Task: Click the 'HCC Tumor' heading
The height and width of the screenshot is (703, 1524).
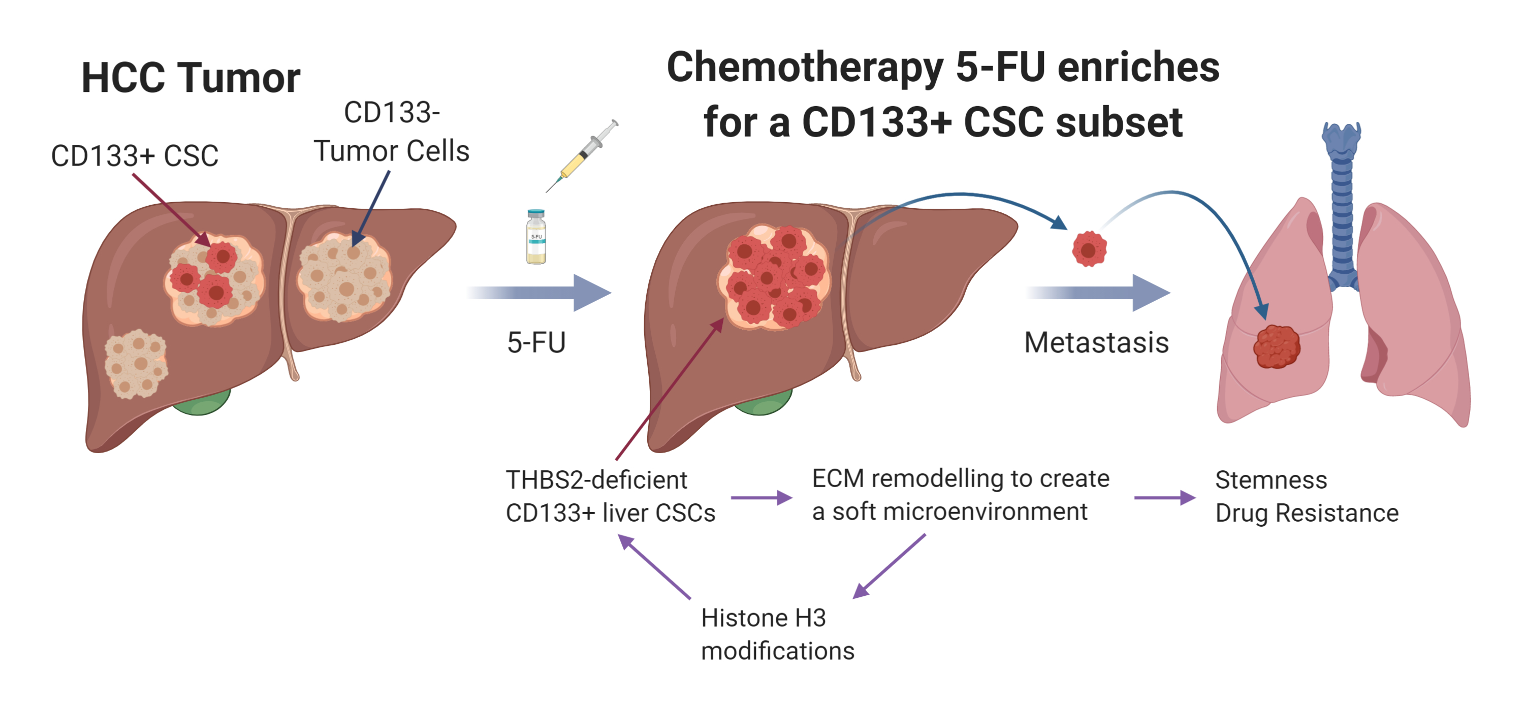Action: click(x=190, y=78)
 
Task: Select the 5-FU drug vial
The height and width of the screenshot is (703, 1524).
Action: click(x=536, y=237)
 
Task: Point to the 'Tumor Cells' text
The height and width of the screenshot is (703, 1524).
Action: click(x=391, y=151)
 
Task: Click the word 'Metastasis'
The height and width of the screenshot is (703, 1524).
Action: click(x=1096, y=343)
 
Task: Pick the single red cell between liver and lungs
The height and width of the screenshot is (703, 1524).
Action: click(x=1089, y=249)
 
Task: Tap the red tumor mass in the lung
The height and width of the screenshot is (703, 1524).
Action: click(x=1277, y=347)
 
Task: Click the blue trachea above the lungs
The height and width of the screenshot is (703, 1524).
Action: click(x=1342, y=207)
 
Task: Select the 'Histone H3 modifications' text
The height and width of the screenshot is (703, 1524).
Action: click(x=777, y=634)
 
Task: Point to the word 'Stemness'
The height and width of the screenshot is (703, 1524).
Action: click(x=1271, y=480)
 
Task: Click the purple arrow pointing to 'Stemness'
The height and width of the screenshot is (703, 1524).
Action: click(x=1164, y=498)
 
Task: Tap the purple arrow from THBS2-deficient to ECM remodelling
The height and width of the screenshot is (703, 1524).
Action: click(x=761, y=498)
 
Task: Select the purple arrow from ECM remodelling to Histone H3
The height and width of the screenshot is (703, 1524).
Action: click(x=888, y=566)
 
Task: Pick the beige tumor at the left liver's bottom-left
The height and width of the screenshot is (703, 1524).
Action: click(x=136, y=363)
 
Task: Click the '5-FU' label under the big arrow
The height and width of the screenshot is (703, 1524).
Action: click(x=536, y=343)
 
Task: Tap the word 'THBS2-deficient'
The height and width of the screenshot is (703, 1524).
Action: click(x=596, y=480)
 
